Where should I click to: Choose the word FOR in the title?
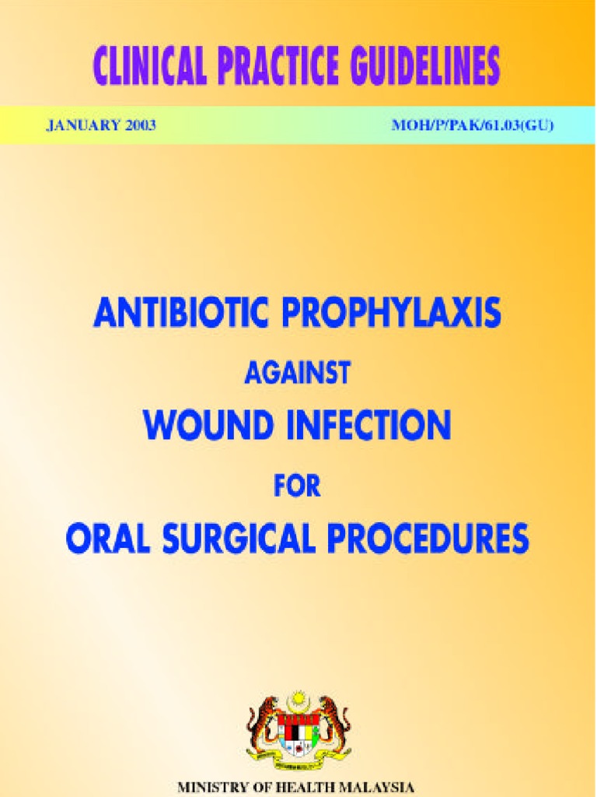pos(298,486)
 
